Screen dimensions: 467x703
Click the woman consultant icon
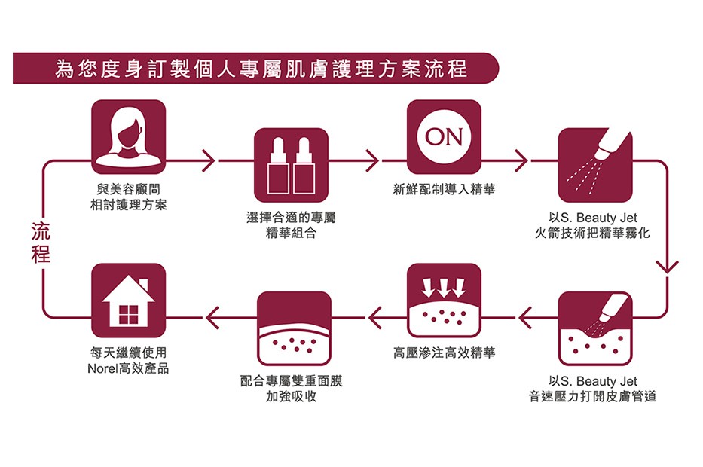(128, 136)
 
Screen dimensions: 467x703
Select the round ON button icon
(444, 136)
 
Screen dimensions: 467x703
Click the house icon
(128, 301)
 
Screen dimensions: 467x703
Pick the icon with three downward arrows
(444, 301)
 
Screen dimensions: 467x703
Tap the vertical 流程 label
(41, 243)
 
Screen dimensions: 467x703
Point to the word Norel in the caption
(102, 368)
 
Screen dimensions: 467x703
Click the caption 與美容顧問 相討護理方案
(128, 197)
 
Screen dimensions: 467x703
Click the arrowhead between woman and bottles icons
(209, 160)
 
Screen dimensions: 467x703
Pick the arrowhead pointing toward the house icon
(212, 319)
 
